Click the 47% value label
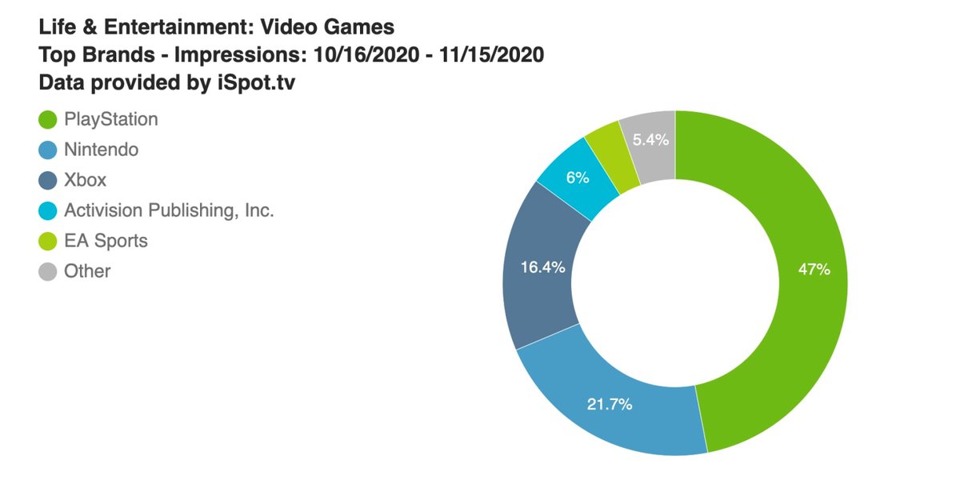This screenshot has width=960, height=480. (x=814, y=270)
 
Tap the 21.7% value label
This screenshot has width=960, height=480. (x=610, y=405)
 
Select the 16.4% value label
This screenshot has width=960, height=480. (x=543, y=267)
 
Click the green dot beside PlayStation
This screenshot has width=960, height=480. (x=48, y=119)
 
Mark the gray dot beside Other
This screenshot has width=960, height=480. (x=48, y=271)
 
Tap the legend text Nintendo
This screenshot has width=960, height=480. (x=101, y=150)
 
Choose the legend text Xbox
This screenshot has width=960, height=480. (x=85, y=180)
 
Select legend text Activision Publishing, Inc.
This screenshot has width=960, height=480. (x=169, y=210)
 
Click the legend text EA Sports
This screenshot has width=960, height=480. (x=106, y=241)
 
